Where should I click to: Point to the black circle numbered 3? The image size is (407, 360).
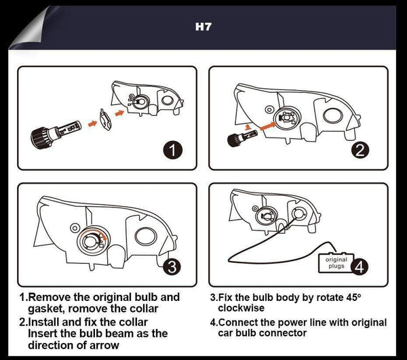click(172, 266)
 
